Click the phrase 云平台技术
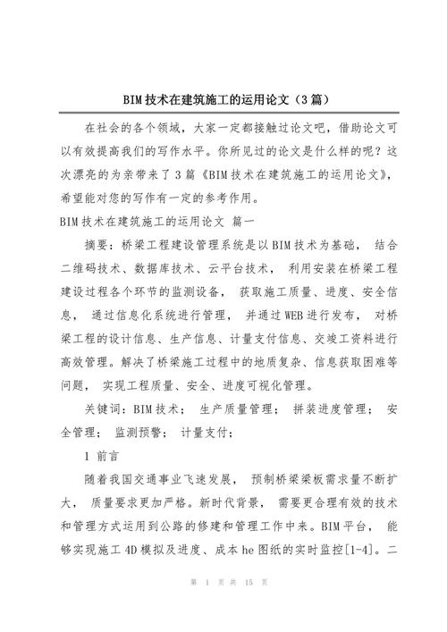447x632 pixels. (240, 268)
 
